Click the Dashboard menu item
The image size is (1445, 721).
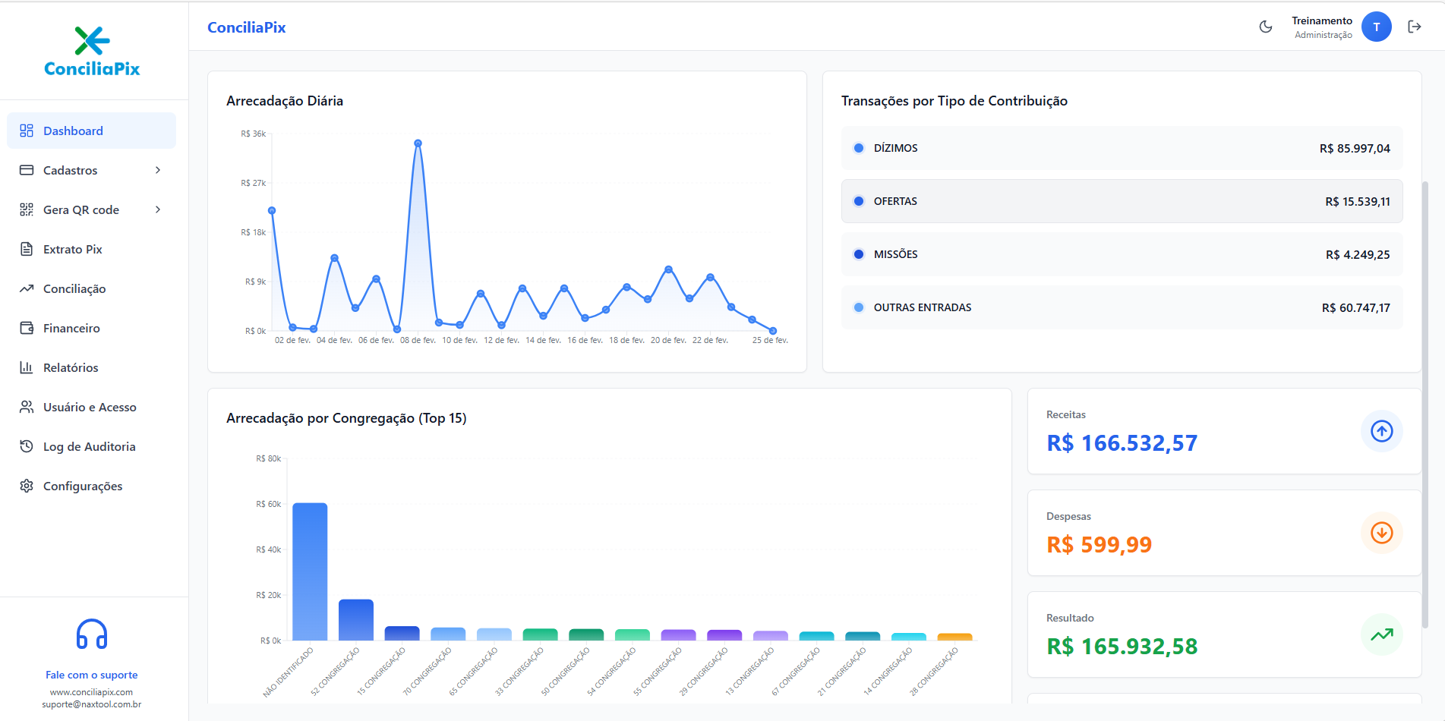[x=73, y=131]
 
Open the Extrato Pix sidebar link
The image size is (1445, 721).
[x=72, y=249]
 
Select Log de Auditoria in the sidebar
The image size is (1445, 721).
[x=89, y=446]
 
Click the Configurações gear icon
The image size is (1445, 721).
[x=27, y=486]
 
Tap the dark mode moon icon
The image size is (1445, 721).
[x=1265, y=27]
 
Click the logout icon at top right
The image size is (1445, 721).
[x=1414, y=27]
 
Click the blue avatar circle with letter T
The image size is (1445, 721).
[x=1376, y=27]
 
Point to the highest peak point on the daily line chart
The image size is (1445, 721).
[x=418, y=143]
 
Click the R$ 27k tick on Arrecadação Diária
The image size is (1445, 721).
[x=253, y=183]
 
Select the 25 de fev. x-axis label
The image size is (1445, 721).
[x=769, y=340]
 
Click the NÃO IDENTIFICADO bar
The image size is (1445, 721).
[x=310, y=571]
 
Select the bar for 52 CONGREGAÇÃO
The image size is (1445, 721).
[x=355, y=619]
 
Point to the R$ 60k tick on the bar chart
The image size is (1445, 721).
[x=268, y=504]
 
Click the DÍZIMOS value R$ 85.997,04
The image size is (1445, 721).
[x=1354, y=149]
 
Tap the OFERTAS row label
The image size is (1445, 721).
[x=895, y=201]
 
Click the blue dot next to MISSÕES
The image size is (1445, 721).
[x=859, y=254]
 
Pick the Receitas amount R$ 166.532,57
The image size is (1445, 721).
[x=1122, y=443]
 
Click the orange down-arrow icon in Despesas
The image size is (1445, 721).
[x=1381, y=533]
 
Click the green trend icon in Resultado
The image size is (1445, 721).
[x=1381, y=634]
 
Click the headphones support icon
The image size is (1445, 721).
[x=92, y=634]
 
